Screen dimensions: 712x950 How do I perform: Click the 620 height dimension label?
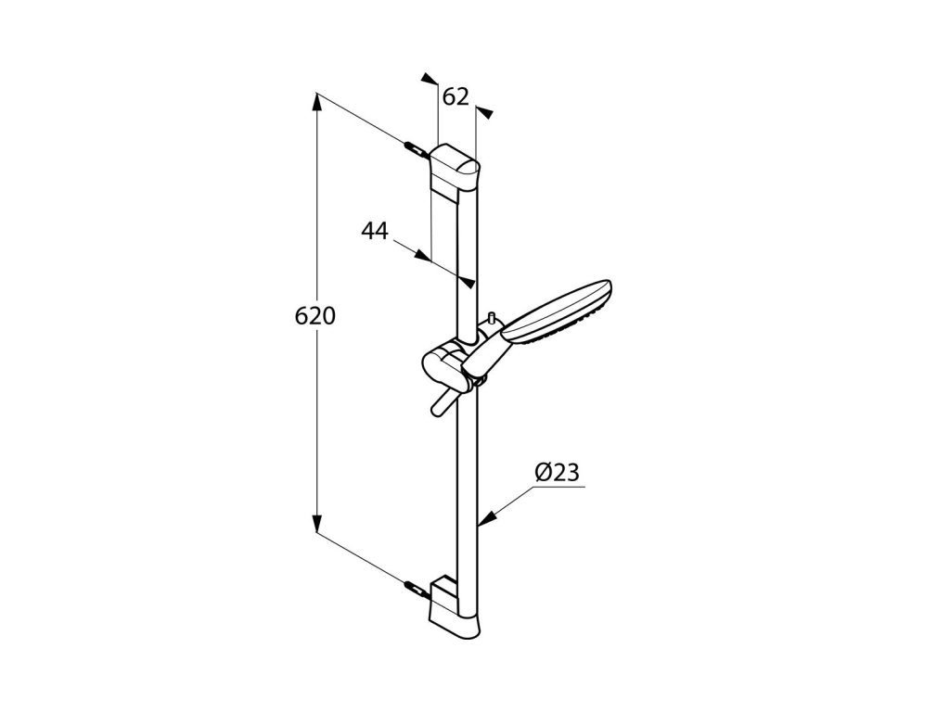315,317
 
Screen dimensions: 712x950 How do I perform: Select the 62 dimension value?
456,96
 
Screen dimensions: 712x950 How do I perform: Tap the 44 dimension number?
375,231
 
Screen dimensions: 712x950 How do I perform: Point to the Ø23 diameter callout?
557,473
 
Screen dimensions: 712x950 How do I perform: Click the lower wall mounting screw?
414,587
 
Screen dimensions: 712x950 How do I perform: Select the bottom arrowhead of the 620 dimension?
316,523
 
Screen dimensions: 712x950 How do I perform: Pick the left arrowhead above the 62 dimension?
429,80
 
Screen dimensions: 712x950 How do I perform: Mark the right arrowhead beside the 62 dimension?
485,113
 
